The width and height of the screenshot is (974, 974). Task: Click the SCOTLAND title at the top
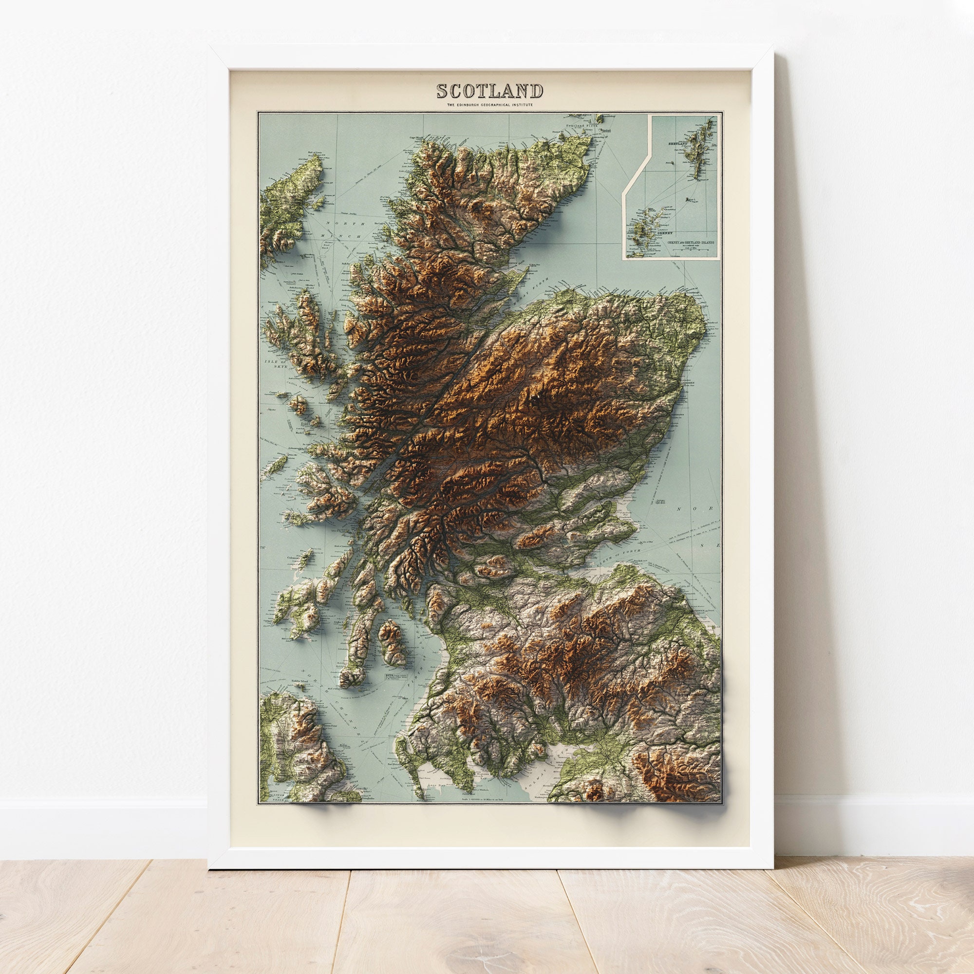pyautogui.click(x=489, y=91)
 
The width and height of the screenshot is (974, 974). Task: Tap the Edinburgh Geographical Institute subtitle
pyautogui.click(x=489, y=105)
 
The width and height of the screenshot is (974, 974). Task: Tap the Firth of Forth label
pyautogui.click(x=625, y=552)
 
